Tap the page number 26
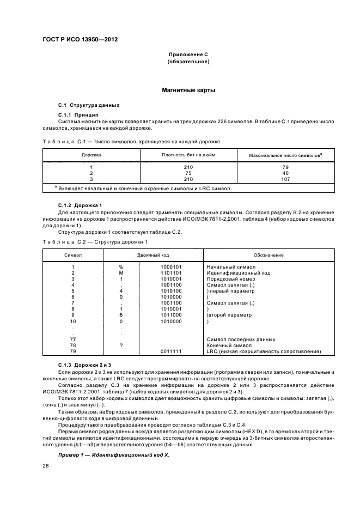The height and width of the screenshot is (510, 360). click(x=46, y=466)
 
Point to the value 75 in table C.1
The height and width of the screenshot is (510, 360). click(x=188, y=173)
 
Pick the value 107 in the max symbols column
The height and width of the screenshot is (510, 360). click(x=285, y=179)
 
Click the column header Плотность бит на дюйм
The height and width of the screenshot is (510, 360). click(x=188, y=155)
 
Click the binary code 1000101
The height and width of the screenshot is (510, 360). click(x=172, y=267)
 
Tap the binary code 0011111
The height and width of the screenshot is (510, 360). click(x=172, y=351)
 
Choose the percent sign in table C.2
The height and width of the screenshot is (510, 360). click(x=121, y=267)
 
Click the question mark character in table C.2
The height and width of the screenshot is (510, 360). click(x=121, y=345)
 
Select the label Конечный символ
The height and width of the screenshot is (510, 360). click(x=227, y=345)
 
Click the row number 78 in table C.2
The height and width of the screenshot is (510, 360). click(x=72, y=345)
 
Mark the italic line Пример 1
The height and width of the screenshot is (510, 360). click(x=114, y=454)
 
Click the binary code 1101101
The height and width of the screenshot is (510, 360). click(x=172, y=273)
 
